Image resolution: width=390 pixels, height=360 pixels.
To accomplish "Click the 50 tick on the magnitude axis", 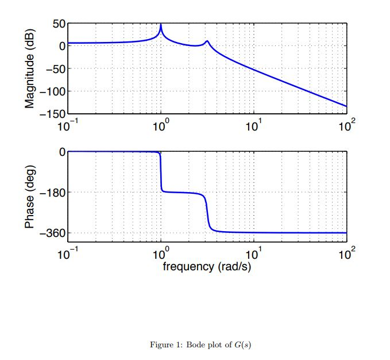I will click(x=58, y=24).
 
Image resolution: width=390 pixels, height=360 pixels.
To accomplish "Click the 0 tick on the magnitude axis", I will click(x=61, y=46).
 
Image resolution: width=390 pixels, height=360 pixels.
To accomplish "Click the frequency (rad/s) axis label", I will click(x=207, y=267).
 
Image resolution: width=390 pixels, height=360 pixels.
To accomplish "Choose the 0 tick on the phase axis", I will click(x=61, y=152).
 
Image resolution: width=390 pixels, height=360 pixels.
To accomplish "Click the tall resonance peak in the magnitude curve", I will click(x=161, y=25).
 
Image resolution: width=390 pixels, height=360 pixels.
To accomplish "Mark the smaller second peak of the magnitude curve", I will click(x=207, y=41).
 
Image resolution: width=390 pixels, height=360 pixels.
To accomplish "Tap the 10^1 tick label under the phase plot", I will click(x=253, y=254).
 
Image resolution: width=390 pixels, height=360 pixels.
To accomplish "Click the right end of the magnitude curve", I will click(x=346, y=106).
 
